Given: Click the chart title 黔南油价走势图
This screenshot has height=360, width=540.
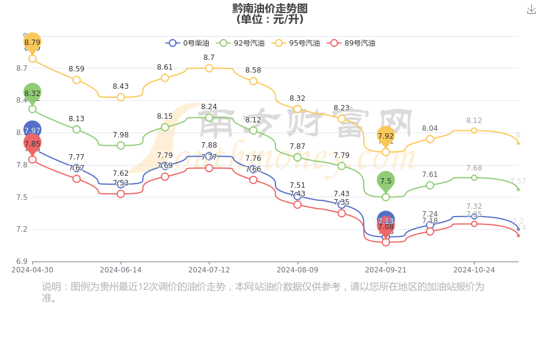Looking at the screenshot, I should (x=270, y=8).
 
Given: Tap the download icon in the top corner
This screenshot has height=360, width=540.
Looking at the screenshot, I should (x=532, y=9).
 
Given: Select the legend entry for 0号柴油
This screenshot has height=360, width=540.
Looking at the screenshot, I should (x=188, y=43).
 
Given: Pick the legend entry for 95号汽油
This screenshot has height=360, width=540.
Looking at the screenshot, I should (x=296, y=43).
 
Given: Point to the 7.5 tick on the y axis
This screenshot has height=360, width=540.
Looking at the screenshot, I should (x=22, y=197).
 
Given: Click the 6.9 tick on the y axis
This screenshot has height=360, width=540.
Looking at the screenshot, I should (x=22, y=262).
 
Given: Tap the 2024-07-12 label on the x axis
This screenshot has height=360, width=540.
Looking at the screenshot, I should (x=209, y=270).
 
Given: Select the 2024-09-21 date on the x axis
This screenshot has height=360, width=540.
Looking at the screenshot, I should (x=386, y=270).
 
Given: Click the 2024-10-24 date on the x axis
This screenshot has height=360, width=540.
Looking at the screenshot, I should (x=474, y=270).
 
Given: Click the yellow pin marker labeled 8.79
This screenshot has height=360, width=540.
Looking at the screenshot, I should (x=32, y=43).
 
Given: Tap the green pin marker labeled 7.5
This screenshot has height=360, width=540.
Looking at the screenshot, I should (x=386, y=181).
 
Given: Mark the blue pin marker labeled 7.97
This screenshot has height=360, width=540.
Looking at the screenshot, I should (x=32, y=130).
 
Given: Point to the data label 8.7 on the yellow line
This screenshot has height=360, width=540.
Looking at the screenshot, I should (x=209, y=58).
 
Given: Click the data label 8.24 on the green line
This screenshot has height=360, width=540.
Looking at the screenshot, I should (x=209, y=107).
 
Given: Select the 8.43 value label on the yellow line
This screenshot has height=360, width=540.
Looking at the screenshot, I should (x=121, y=86).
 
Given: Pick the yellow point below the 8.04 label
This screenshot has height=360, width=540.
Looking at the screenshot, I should (x=430, y=139).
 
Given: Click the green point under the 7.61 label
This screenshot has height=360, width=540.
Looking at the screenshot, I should (x=430, y=185).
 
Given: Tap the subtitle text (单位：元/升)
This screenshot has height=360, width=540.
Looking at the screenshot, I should (x=270, y=19).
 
